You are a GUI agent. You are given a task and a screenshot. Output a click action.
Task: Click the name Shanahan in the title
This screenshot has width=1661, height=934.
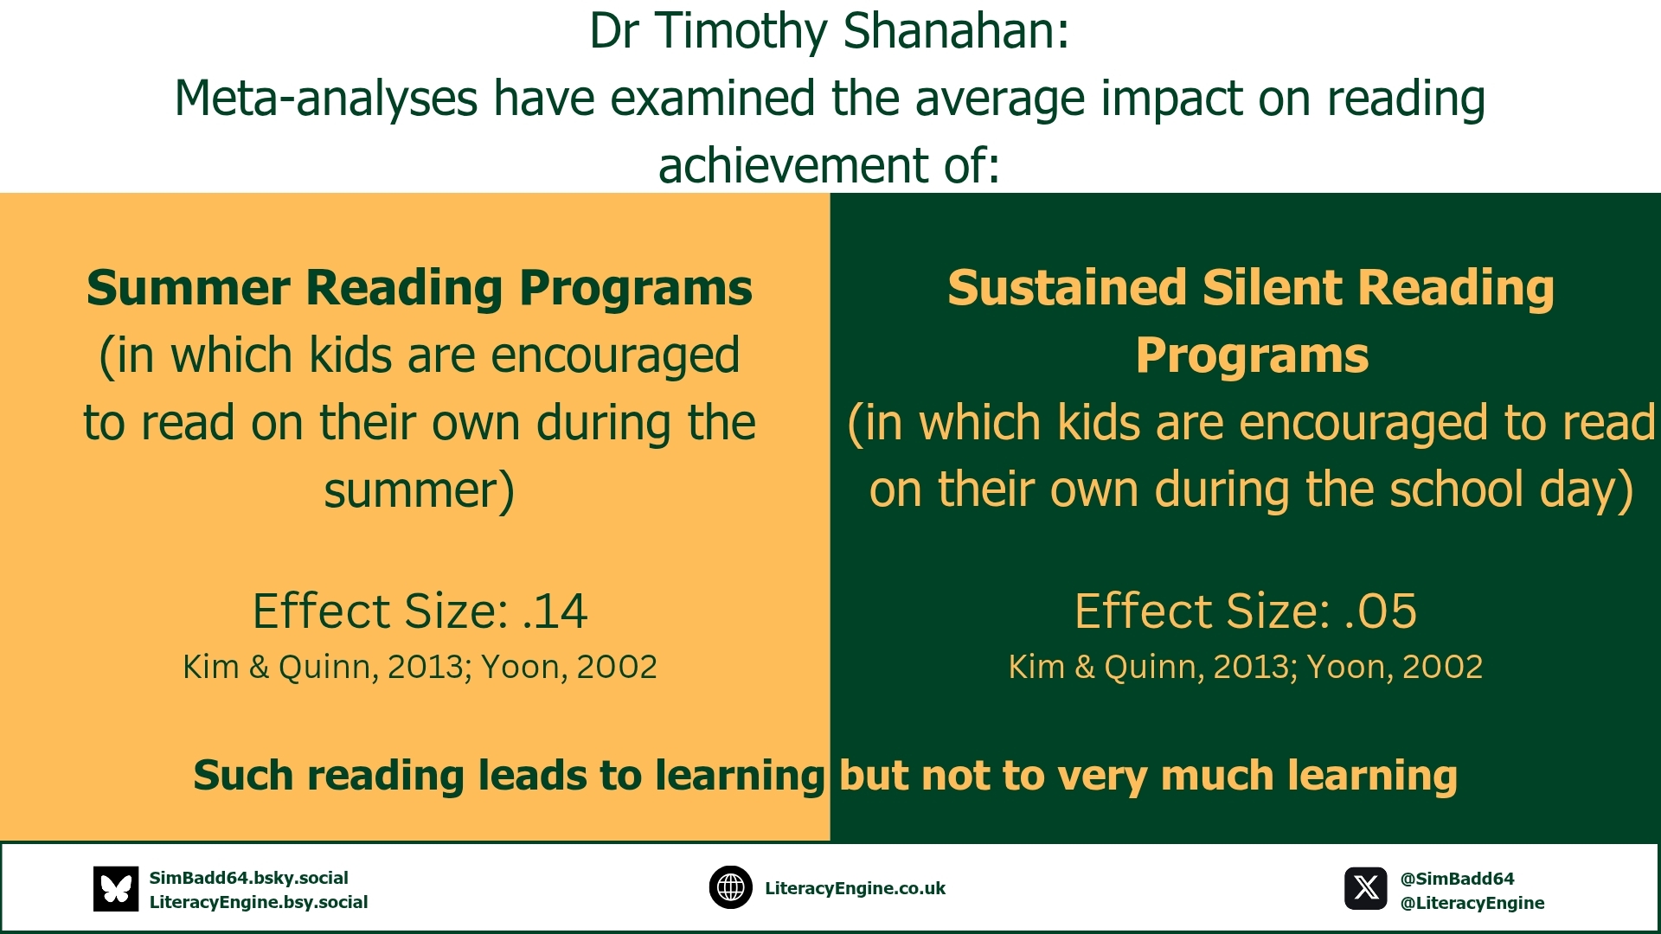click(956, 31)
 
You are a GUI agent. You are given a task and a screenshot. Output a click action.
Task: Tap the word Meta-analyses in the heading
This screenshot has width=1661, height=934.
click(325, 99)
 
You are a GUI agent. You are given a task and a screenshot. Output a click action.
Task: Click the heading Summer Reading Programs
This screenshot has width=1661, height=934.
click(420, 288)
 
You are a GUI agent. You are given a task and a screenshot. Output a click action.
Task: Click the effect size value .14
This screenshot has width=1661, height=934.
click(555, 611)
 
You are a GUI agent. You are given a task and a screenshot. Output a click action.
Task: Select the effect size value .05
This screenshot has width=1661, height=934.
click(1381, 611)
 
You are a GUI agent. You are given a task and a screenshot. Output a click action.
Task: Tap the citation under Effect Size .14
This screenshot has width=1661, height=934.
click(420, 667)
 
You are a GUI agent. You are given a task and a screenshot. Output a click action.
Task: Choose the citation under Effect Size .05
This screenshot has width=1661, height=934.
click(1246, 667)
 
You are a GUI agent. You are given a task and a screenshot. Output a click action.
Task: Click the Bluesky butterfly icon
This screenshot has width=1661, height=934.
click(116, 889)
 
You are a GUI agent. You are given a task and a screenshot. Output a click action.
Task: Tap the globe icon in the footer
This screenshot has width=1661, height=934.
click(731, 888)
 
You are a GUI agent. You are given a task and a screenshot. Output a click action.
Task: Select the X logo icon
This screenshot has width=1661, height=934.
click(1366, 889)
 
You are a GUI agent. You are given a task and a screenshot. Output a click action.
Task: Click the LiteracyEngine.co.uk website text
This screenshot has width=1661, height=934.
click(855, 888)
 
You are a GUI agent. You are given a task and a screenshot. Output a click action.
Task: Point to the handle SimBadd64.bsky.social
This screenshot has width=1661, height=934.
click(249, 878)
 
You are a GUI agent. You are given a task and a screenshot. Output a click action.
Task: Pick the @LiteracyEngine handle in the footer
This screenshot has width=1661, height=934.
click(1472, 903)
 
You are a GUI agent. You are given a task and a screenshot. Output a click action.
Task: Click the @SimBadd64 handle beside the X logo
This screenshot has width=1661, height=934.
click(1458, 879)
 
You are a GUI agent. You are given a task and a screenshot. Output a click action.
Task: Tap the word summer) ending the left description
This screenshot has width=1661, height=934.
click(420, 491)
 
